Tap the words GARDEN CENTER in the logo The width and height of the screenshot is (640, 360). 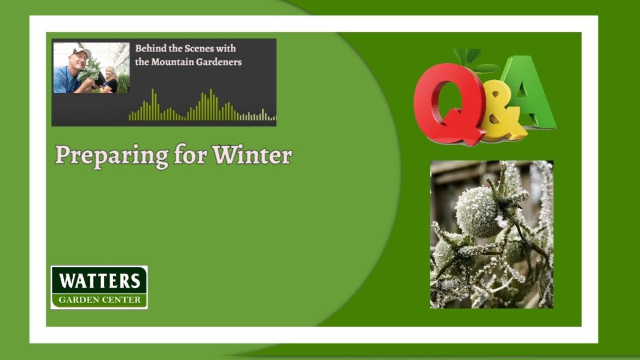(99, 299)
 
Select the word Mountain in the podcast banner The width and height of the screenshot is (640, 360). (173, 62)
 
